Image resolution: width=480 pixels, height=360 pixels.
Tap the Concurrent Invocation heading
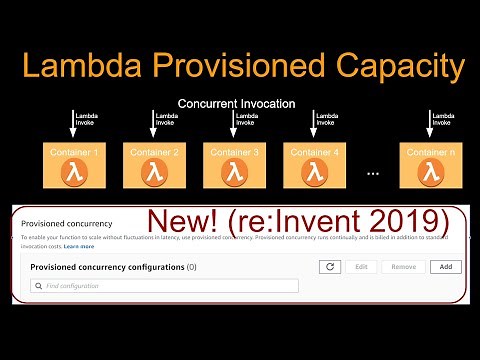pyautogui.click(x=236, y=103)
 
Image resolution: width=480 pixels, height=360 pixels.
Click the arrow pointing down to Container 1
pyautogui.click(x=72, y=124)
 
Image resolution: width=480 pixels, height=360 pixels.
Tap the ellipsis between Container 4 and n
pyautogui.click(x=373, y=172)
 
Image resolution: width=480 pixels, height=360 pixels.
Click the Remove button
pyautogui.click(x=403, y=267)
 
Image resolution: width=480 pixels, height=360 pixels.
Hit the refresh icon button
pyautogui.click(x=329, y=267)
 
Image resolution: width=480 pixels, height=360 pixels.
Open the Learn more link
pyautogui.click(x=80, y=245)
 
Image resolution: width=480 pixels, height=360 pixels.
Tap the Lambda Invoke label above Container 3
pyautogui.click(x=246, y=120)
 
